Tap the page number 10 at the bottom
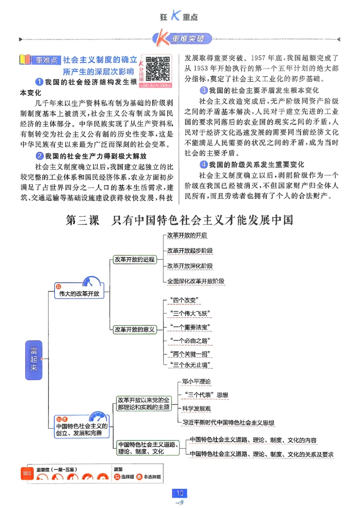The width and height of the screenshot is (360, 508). tap(180, 493)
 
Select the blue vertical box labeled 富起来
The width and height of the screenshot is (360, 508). tap(34, 358)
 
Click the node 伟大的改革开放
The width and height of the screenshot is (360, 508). tap(79, 293)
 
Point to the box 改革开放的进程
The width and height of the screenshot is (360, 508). tap(134, 259)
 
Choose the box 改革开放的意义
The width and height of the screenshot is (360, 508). tap(134, 330)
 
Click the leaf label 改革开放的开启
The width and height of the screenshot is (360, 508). tap(187, 235)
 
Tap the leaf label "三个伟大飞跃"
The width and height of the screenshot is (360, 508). tap(189, 313)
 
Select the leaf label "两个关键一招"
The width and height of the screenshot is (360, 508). tap(189, 353)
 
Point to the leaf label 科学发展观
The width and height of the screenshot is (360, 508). tap(196, 409)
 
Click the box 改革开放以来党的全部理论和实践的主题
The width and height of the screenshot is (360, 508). tap(144, 403)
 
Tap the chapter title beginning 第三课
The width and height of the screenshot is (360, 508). tap(180, 221)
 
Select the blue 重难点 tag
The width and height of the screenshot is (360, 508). tap(46, 60)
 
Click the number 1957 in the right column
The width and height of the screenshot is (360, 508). tap(260, 58)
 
